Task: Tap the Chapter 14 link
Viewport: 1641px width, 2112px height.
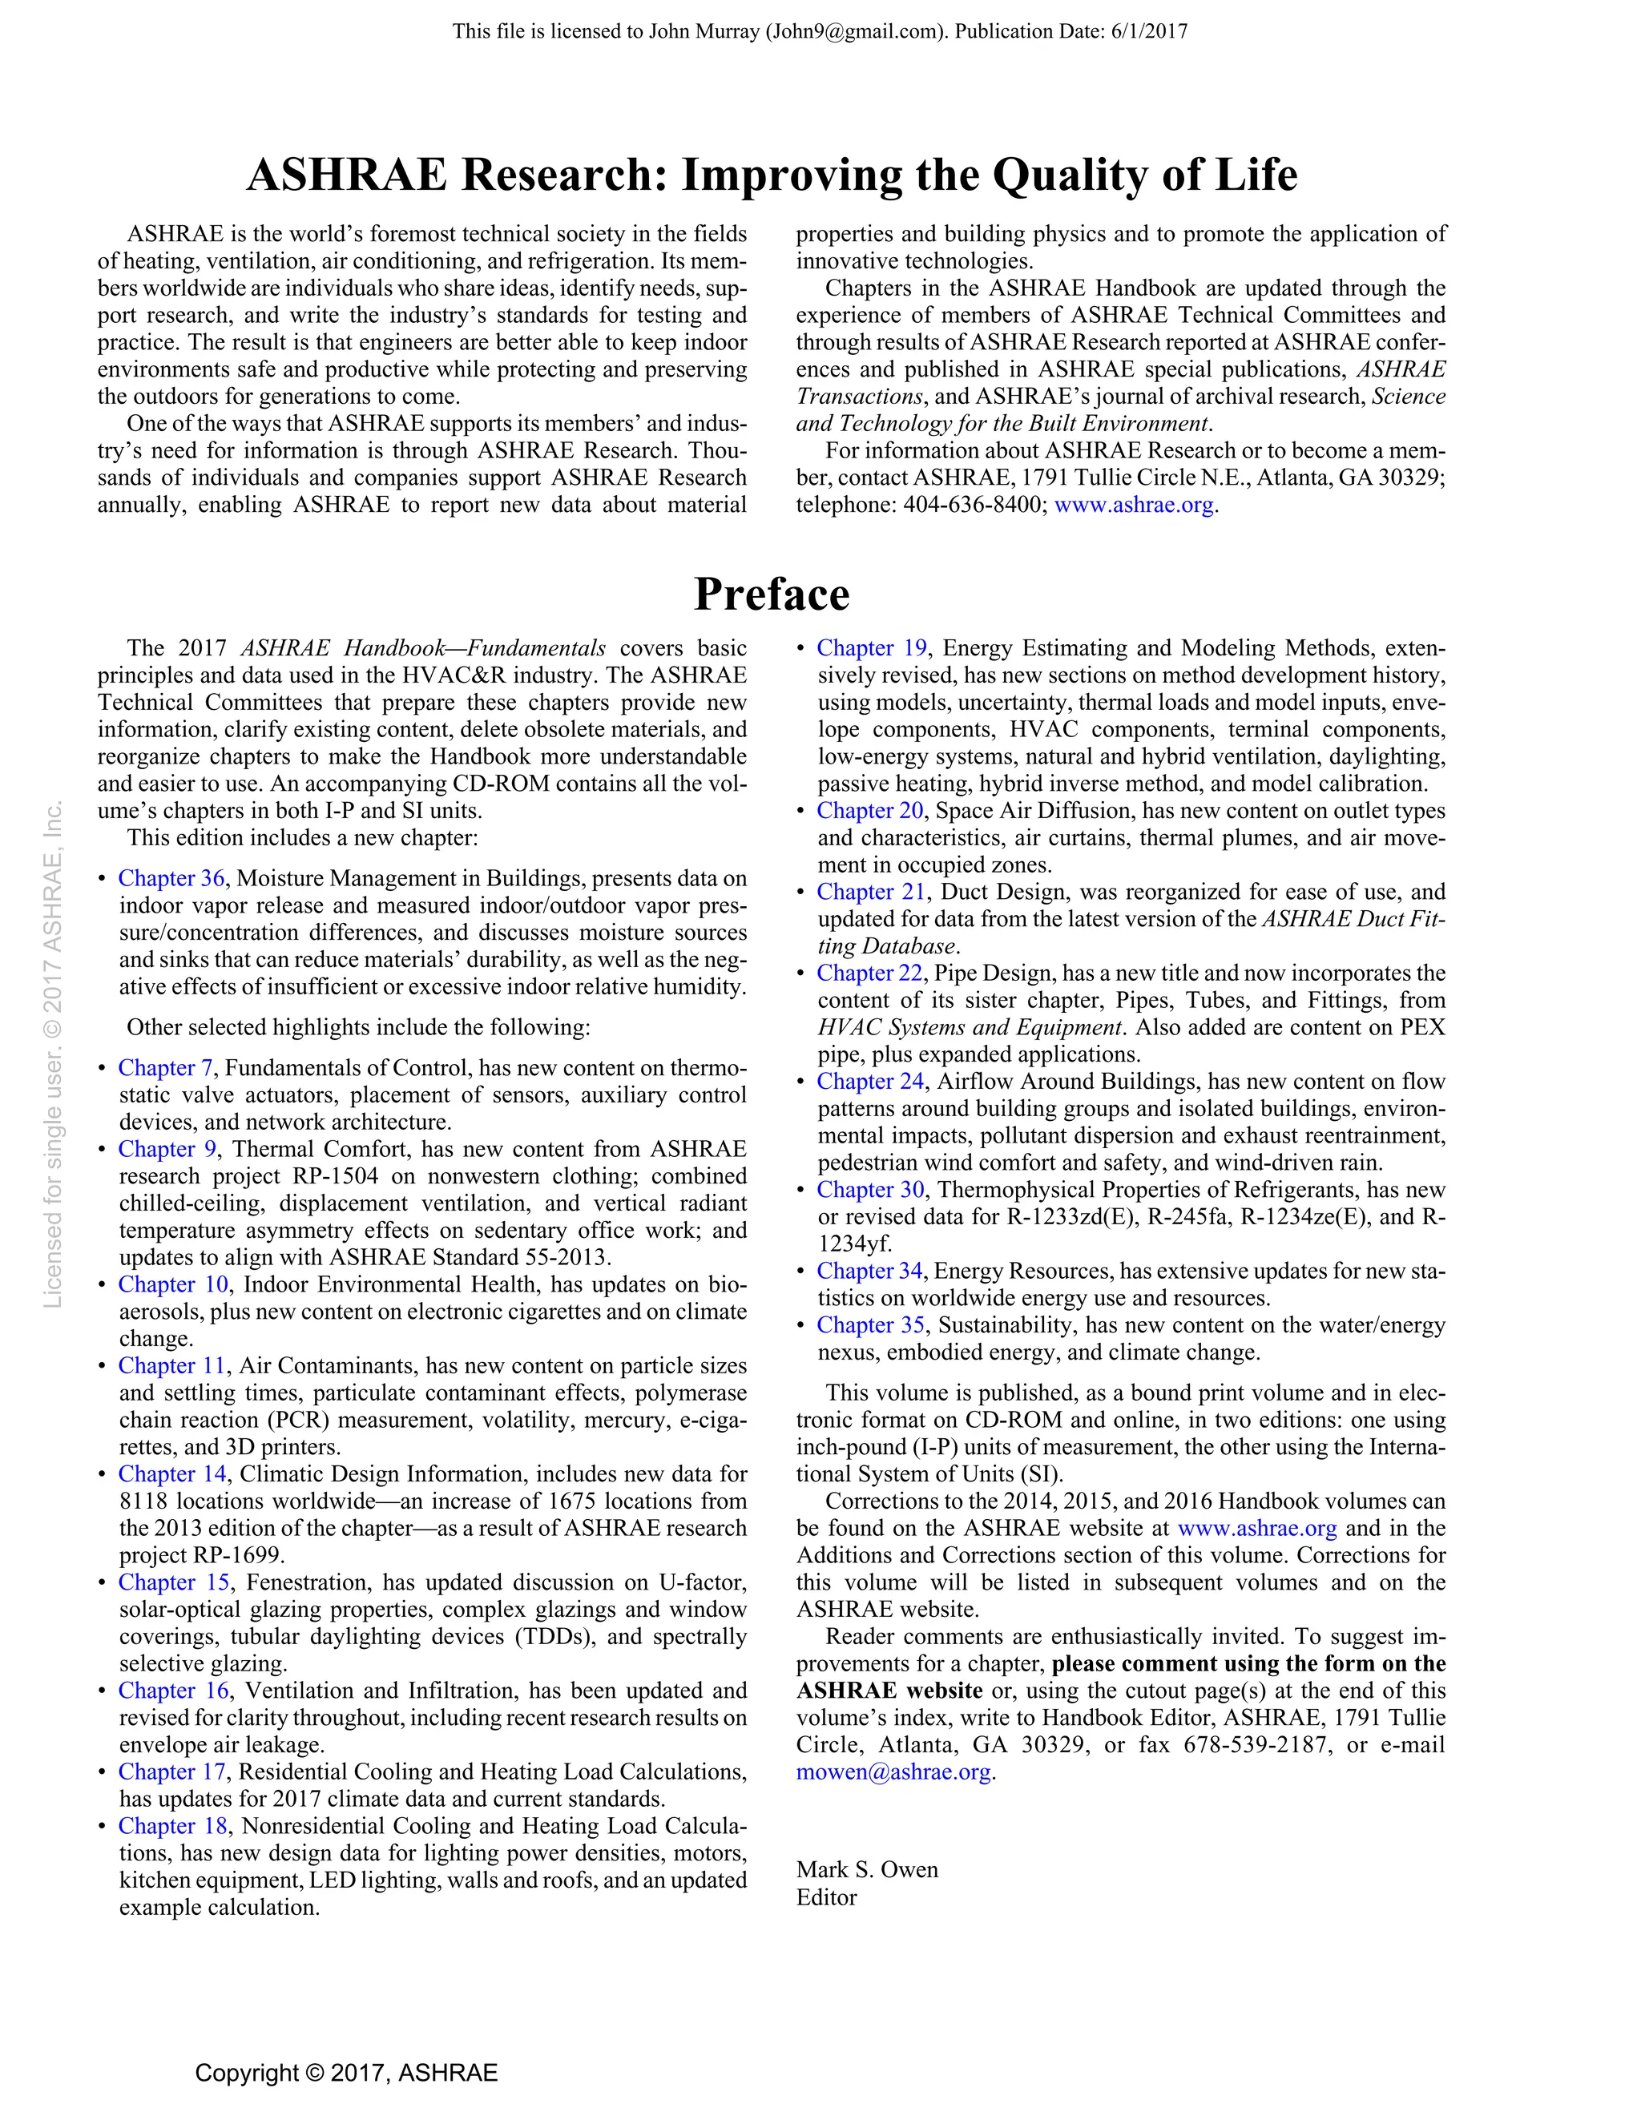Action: (x=172, y=1473)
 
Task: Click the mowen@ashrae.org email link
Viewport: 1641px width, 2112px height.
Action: (x=893, y=1771)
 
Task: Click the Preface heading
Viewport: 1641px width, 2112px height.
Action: (x=772, y=594)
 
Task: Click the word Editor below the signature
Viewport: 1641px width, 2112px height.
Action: (x=827, y=1897)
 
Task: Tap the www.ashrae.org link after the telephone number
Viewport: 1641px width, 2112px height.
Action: (x=1133, y=505)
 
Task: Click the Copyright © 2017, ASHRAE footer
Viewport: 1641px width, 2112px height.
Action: (x=346, y=2073)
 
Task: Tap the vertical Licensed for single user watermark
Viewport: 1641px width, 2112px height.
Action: (x=53, y=1054)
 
